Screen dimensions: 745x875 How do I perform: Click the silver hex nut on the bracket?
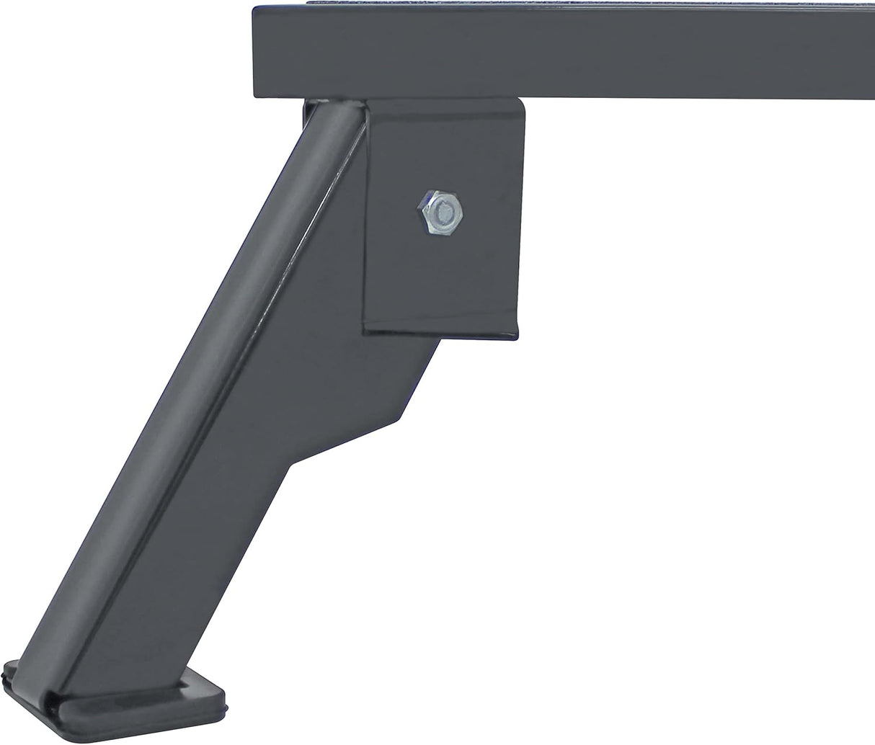(x=440, y=211)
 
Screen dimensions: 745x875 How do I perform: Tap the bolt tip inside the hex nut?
(x=443, y=212)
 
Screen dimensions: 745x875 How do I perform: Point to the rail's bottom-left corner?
(x=257, y=94)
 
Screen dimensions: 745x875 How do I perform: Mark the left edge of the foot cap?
(x=7, y=688)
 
